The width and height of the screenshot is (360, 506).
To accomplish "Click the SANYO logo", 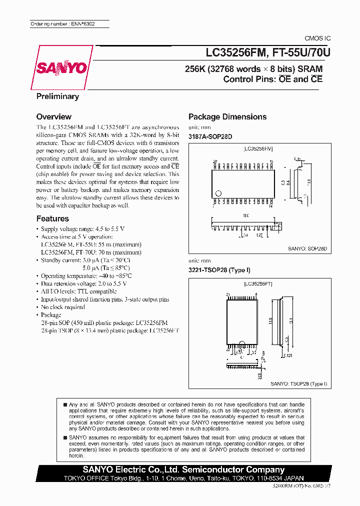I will [61, 68].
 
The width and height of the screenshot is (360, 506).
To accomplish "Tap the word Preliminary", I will [57, 96].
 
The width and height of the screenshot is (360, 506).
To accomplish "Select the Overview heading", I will [54, 116].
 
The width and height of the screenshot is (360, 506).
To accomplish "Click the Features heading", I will [52, 218].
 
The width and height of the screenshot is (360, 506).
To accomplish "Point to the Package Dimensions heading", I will [227, 116].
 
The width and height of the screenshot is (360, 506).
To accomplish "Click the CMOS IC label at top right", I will [317, 38].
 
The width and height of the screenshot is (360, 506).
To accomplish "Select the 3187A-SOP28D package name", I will [210, 136].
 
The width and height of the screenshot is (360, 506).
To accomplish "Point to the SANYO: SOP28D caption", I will [307, 248].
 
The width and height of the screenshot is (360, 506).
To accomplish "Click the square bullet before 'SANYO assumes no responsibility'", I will [65, 436].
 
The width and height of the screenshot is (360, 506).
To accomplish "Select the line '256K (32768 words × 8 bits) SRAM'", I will [254, 69].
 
